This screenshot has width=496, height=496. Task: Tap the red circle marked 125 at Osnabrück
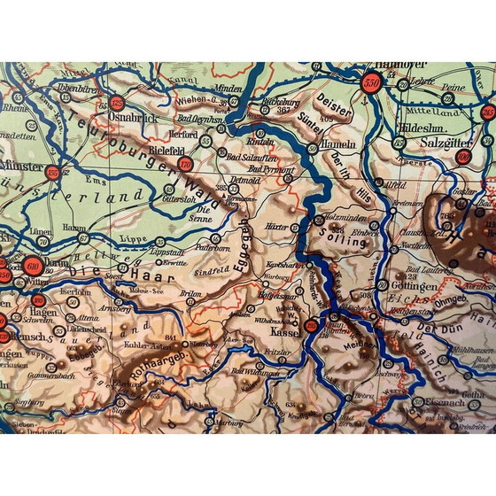tap(117, 104)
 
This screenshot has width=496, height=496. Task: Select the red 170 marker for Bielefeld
tap(185, 164)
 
